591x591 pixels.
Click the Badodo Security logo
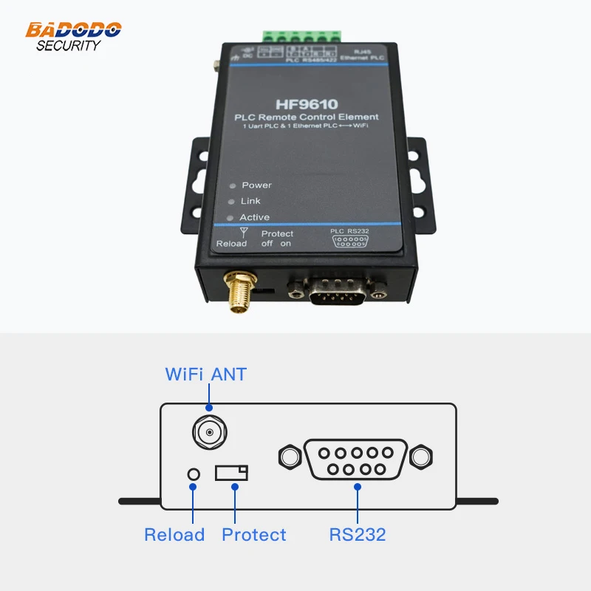[x=73, y=36]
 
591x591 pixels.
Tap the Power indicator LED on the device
[x=232, y=186]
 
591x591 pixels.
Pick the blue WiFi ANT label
[x=205, y=375]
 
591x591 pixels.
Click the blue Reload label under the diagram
[x=174, y=535]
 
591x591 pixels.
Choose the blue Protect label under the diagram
[x=254, y=535]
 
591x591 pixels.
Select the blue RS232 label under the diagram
[x=358, y=535]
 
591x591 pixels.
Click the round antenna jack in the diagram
[x=209, y=431]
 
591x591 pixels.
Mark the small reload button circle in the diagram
[x=194, y=474]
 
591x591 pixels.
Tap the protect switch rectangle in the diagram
[x=231, y=473]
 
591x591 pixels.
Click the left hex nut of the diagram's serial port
[x=289, y=457]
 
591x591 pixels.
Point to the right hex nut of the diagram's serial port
[x=421, y=457]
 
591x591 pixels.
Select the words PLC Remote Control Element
[x=306, y=117]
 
